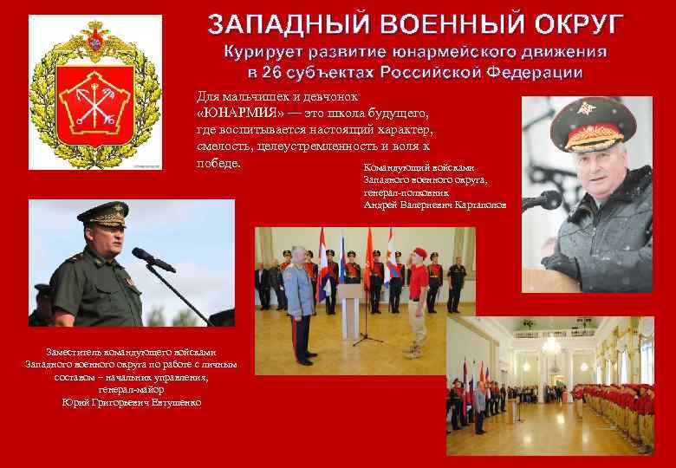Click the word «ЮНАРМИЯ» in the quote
point(227,114)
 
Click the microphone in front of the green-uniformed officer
point(148,256)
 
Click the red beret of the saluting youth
point(420,252)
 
